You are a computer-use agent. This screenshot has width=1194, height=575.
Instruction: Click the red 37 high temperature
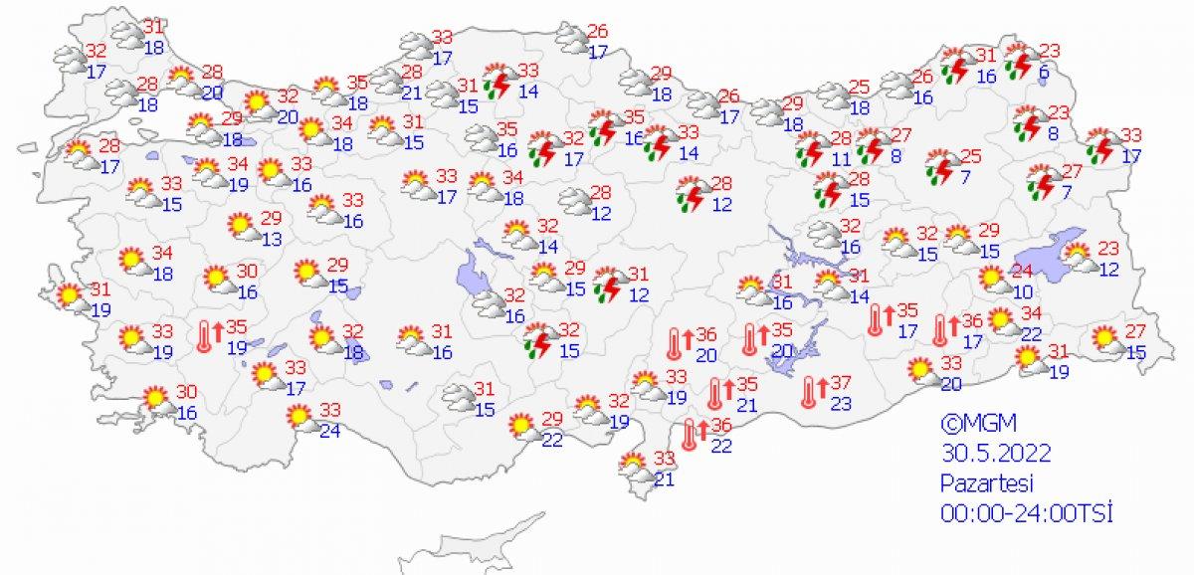click(841, 383)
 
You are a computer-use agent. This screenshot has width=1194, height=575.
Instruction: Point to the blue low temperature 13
click(272, 239)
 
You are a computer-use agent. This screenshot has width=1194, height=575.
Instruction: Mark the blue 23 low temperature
click(841, 404)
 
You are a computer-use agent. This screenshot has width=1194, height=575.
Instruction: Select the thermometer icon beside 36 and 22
click(690, 435)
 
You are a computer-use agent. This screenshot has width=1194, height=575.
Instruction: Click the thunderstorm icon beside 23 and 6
click(1019, 62)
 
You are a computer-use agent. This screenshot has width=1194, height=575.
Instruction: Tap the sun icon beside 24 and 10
click(992, 280)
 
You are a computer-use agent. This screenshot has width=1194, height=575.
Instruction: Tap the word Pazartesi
click(989, 482)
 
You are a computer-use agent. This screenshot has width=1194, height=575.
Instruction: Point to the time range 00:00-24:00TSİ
click(1026, 512)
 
